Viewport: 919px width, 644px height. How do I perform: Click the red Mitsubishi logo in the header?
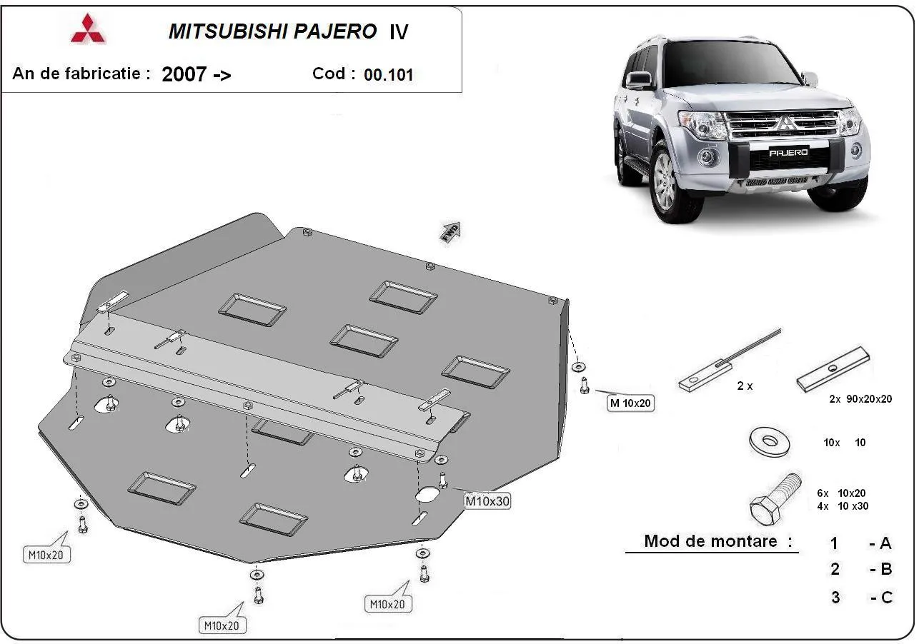point(88,29)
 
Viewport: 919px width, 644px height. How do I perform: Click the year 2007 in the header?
point(184,74)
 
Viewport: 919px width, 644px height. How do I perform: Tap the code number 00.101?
point(388,75)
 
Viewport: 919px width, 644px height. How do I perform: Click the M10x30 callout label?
point(487,501)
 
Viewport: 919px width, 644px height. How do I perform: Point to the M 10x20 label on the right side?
point(630,403)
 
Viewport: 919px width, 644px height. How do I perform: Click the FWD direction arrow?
point(451,232)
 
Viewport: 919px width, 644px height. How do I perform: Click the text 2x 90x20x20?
point(860,399)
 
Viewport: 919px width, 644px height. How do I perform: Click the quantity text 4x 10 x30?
point(843,506)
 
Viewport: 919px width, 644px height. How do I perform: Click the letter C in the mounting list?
point(886,598)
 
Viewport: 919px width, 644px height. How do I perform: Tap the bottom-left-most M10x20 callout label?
point(46,554)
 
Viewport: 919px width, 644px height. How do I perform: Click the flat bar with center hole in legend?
point(833,370)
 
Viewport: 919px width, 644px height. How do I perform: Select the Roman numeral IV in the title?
point(398,32)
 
